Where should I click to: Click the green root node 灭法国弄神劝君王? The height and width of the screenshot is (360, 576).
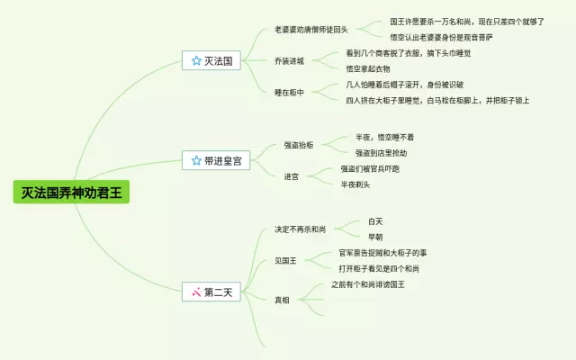[x=72, y=193]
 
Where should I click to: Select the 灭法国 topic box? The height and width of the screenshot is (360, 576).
[x=212, y=61]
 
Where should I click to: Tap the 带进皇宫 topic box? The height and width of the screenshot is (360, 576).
[x=216, y=161]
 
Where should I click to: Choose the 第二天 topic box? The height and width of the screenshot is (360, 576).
[x=212, y=292]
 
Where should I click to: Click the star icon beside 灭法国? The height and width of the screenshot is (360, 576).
[x=196, y=61]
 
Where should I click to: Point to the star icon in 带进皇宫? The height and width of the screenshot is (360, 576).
[x=196, y=161]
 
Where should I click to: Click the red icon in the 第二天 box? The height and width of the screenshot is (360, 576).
[x=196, y=292]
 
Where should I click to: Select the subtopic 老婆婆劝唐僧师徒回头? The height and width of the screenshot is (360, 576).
[x=311, y=30]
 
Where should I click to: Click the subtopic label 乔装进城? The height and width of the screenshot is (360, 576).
[x=289, y=61]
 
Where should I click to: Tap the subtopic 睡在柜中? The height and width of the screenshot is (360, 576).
[x=289, y=92]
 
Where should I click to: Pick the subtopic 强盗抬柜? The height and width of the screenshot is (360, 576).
[x=299, y=145]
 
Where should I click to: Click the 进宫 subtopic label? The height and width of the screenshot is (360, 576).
[x=292, y=176]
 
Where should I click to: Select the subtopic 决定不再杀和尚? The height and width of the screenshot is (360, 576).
[x=301, y=229]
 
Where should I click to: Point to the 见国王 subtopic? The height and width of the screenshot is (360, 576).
[x=286, y=260]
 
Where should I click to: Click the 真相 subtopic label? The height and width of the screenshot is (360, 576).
[x=282, y=299]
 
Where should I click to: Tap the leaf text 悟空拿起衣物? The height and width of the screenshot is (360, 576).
[x=369, y=68]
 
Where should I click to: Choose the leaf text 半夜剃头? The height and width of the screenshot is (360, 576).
[x=355, y=184]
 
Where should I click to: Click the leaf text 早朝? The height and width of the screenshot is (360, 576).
[x=375, y=237]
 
